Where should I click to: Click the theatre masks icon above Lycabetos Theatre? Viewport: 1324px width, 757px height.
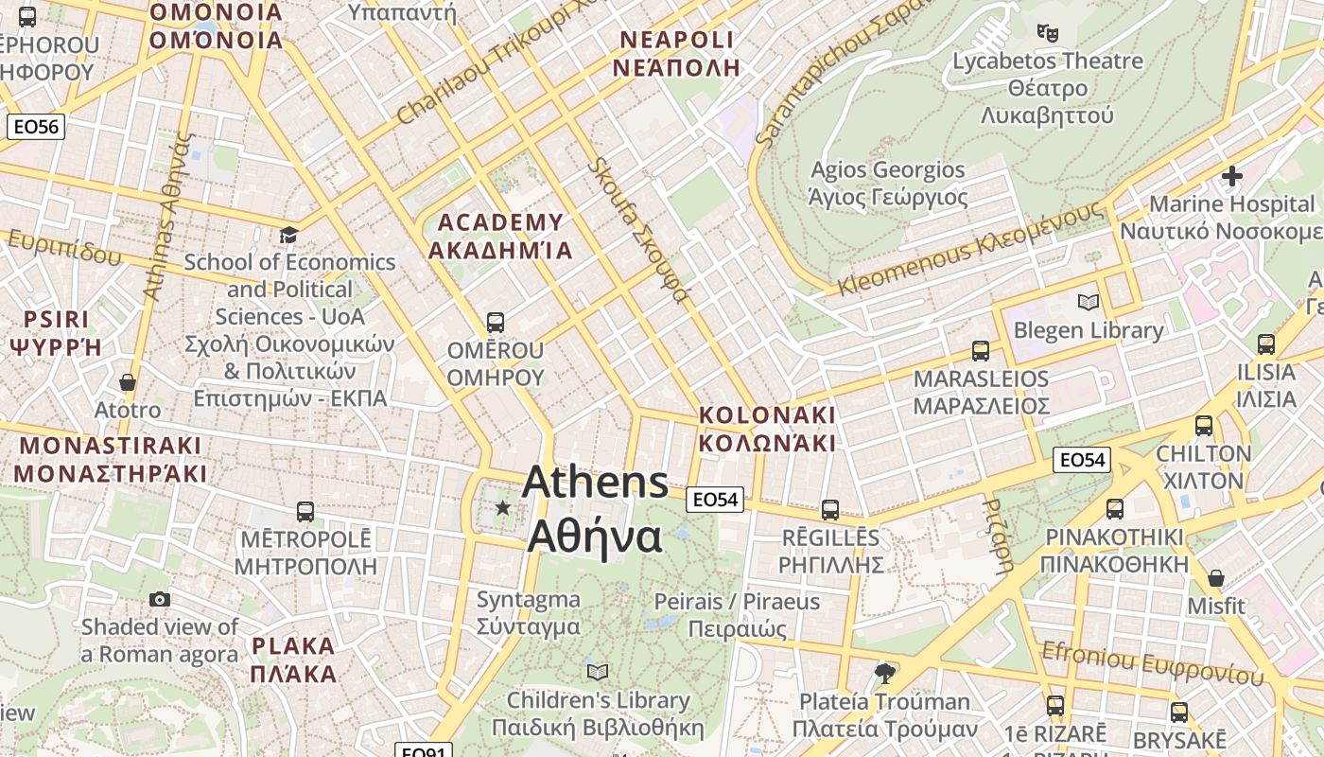pos(1047,32)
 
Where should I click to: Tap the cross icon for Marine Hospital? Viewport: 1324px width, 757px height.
pos(1231,175)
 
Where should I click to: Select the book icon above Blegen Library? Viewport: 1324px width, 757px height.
pos(1089,302)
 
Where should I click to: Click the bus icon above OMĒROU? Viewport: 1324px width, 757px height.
pos(495,322)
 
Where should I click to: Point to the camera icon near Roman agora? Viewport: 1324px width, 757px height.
pos(160,599)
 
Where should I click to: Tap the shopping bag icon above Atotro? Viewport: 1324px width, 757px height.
pos(128,382)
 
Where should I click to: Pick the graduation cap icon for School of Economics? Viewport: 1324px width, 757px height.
pos(288,234)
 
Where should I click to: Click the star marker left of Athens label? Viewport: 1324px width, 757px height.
pos(502,508)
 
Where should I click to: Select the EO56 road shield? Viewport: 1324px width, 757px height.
pos(36,127)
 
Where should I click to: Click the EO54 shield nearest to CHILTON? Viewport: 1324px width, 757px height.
pos(1082,460)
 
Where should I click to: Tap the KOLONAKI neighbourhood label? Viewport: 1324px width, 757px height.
pos(767,429)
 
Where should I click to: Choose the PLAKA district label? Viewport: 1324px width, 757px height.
pos(294,660)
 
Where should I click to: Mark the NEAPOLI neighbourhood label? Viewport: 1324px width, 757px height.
pos(675,53)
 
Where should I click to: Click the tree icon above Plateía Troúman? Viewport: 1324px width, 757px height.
pos(885,673)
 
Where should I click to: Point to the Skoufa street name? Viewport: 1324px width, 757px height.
pos(638,230)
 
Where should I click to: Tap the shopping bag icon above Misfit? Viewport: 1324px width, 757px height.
pos(1216,577)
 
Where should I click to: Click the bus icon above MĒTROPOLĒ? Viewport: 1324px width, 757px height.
pos(305,512)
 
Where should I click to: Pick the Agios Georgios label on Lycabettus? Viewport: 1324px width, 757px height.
pos(888,184)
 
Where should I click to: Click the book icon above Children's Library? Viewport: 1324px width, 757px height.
pos(597,672)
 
